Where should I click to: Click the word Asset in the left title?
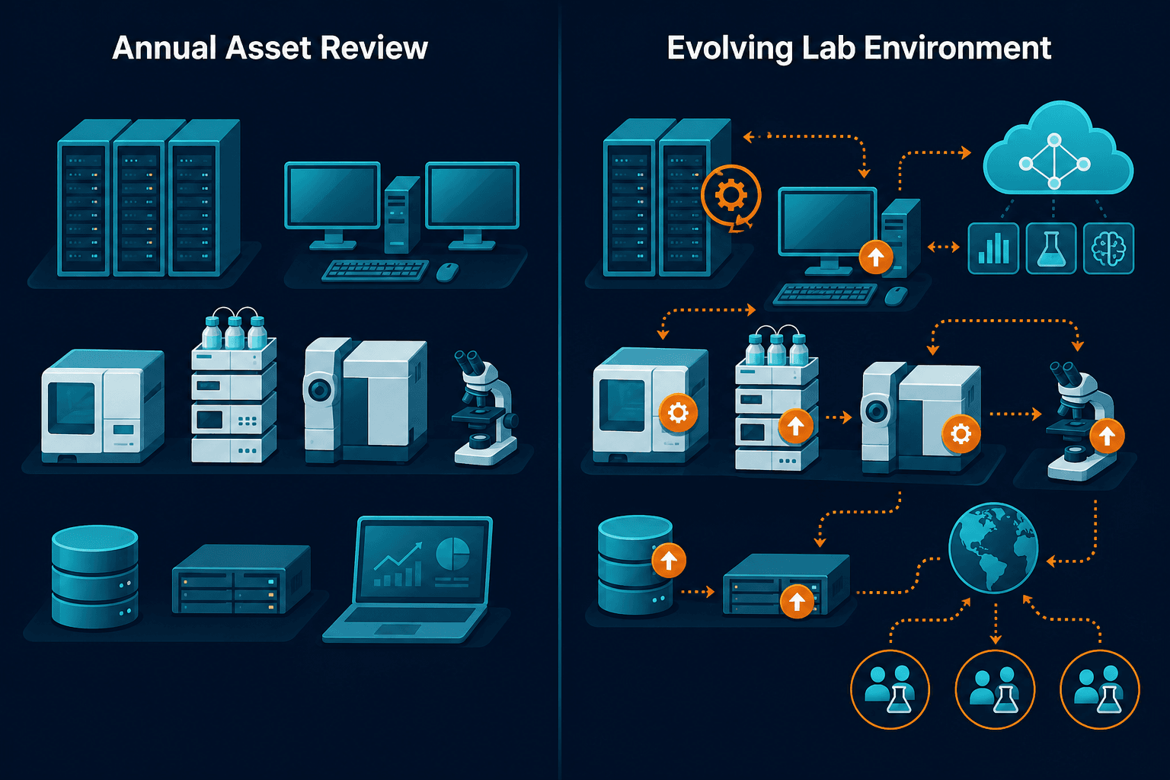(x=268, y=48)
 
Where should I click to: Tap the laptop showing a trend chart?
(x=408, y=579)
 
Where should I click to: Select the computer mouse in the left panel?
(x=447, y=272)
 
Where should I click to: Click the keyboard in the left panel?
(x=375, y=270)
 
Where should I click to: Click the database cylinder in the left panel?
(x=95, y=577)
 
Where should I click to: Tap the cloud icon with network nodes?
(x=1057, y=149)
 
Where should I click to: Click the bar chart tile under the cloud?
(x=993, y=248)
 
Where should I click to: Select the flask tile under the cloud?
(x=1051, y=248)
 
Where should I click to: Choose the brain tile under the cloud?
(x=1108, y=248)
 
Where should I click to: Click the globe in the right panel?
(x=993, y=548)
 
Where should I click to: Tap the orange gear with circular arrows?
(x=730, y=197)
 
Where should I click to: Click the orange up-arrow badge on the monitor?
(x=876, y=257)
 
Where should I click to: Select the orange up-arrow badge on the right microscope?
(x=1107, y=436)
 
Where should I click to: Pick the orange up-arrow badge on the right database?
(x=669, y=560)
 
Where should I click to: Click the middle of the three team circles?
(x=995, y=689)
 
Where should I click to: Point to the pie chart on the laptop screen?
(x=452, y=555)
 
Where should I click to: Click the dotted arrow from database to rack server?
(x=697, y=592)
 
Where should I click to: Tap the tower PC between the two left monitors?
(x=401, y=214)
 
